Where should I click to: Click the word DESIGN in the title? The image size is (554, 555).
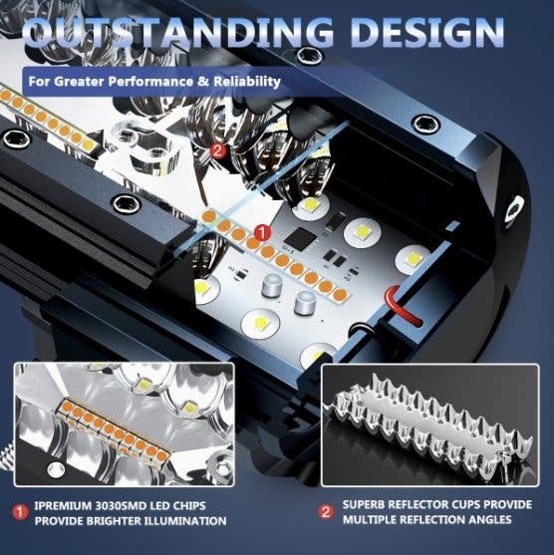[x=428, y=32]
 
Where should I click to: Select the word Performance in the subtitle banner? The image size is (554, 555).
[x=150, y=82]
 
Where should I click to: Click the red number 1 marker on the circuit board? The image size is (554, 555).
[x=262, y=232]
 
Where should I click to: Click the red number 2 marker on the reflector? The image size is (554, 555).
[x=217, y=151]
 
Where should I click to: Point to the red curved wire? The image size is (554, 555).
[x=403, y=306]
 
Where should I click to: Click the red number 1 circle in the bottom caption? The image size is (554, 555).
[x=21, y=512]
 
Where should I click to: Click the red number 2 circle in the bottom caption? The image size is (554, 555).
[x=326, y=512]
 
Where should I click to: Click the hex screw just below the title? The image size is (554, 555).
[x=310, y=56]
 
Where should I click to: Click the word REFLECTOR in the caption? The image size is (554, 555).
[x=424, y=505]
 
